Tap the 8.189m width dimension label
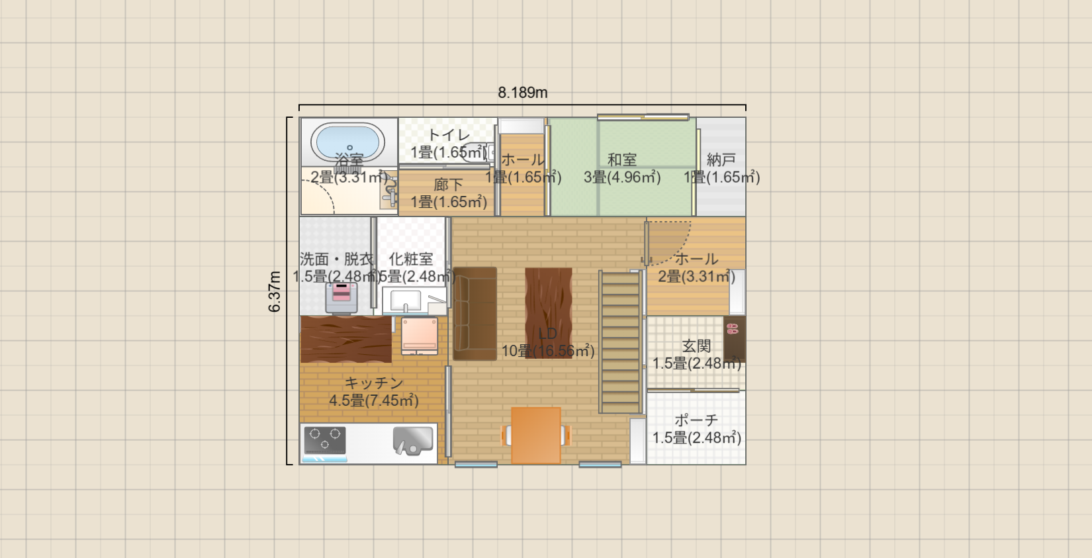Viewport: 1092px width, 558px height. click(523, 93)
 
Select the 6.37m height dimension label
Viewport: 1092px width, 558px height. click(275, 291)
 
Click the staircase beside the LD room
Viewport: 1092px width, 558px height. click(621, 342)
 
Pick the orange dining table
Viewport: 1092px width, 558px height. click(536, 435)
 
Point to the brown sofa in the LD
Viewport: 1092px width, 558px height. click(475, 314)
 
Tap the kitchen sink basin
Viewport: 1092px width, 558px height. click(413, 440)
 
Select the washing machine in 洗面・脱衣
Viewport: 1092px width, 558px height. click(341, 298)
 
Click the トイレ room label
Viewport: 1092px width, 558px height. click(449, 135)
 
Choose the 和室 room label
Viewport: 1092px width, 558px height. click(622, 160)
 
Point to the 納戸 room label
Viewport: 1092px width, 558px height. click(721, 160)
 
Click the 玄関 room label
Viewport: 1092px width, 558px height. click(696, 346)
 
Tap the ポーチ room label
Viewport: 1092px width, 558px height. click(696, 420)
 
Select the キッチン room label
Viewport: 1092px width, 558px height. click(374, 383)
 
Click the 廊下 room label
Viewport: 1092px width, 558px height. click(449, 185)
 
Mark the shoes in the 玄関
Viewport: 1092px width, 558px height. click(733, 328)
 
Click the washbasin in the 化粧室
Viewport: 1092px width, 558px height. click(405, 301)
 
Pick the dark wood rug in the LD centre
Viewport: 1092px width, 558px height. click(549, 304)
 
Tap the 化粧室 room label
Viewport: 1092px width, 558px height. click(411, 259)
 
